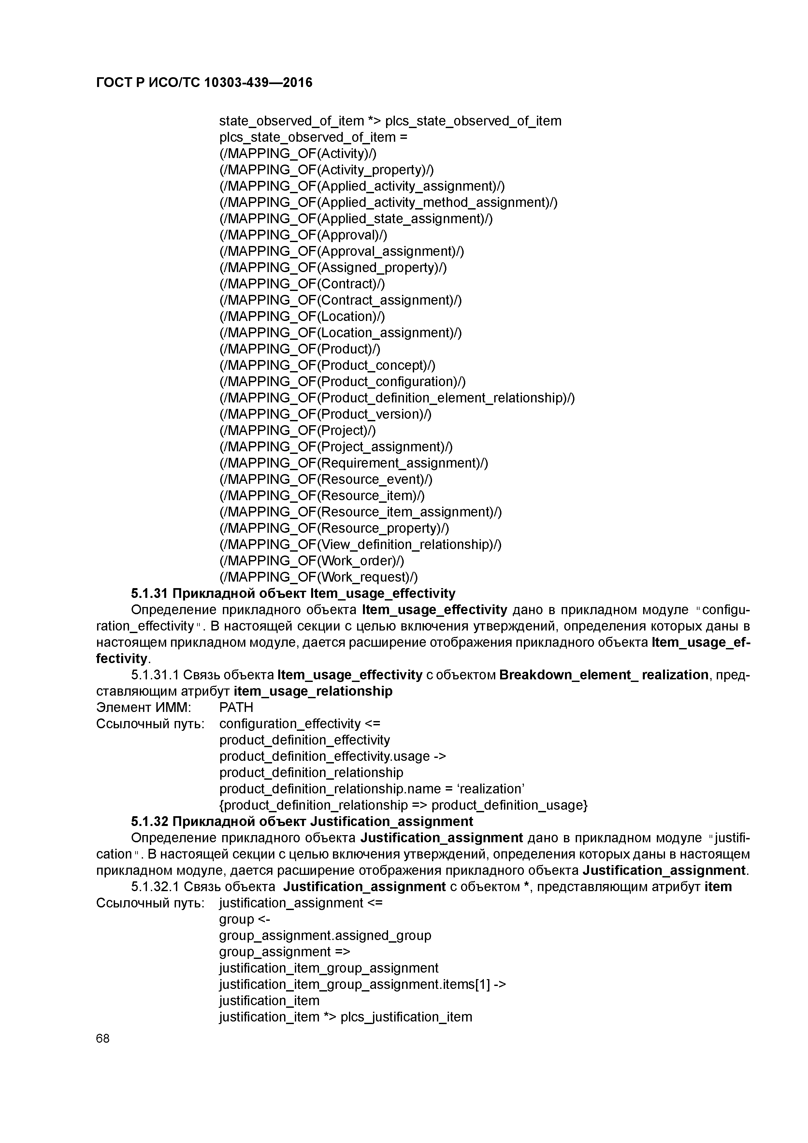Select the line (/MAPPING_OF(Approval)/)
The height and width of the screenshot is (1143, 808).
[x=303, y=235]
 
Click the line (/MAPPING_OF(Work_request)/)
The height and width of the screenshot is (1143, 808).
[x=319, y=577]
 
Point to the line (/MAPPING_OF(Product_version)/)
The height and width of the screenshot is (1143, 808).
[x=325, y=414]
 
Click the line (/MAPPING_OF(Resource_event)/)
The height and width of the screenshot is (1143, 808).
[x=326, y=479]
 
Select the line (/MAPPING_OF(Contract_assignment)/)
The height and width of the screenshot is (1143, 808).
[x=340, y=300]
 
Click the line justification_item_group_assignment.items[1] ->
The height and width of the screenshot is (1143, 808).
[x=362, y=984]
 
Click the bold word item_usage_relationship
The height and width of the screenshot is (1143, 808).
[x=313, y=691]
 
